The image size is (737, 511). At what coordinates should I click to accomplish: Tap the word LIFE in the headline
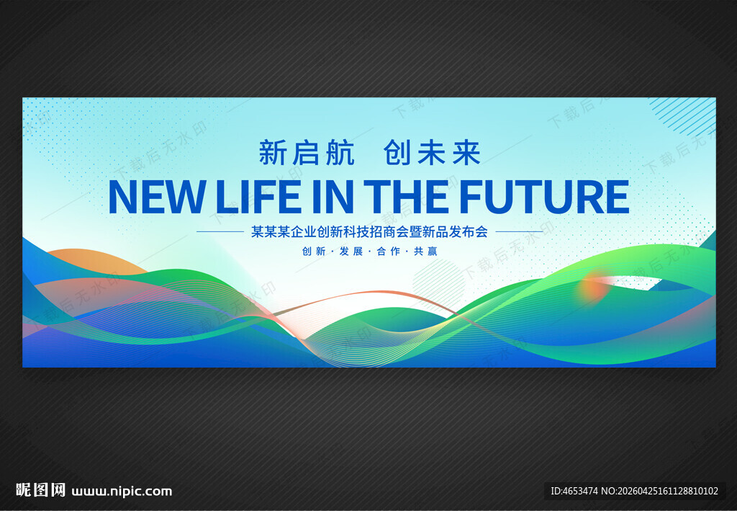click(258, 196)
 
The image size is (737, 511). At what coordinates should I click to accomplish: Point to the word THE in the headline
click(406, 196)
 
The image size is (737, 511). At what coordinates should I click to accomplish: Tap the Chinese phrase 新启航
click(307, 153)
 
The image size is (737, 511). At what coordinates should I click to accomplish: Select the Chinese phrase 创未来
click(432, 153)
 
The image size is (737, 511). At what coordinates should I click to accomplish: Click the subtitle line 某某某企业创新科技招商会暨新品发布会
click(369, 231)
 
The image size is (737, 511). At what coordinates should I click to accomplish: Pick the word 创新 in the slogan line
click(314, 252)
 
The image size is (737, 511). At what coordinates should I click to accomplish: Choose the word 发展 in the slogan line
click(351, 252)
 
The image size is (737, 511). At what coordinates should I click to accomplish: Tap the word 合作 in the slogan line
click(388, 252)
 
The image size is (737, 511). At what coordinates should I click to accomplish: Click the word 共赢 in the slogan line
click(425, 252)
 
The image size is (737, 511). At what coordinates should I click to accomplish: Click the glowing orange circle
click(593, 286)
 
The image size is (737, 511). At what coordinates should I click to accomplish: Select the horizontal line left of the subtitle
click(220, 231)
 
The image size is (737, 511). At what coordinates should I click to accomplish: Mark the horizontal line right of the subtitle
click(520, 231)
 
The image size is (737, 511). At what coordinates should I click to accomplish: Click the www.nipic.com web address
click(122, 492)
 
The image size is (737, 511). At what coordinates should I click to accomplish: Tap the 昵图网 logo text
click(40, 490)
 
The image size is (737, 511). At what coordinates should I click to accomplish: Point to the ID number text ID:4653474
click(574, 491)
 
